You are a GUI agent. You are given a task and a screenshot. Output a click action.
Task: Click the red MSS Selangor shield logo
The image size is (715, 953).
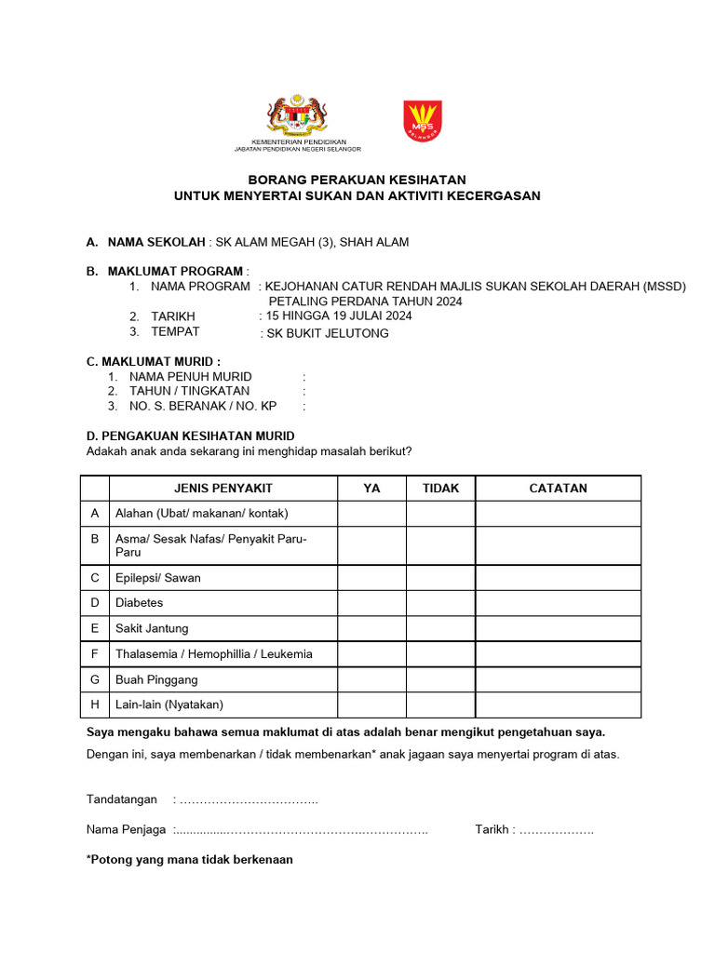tap(423, 120)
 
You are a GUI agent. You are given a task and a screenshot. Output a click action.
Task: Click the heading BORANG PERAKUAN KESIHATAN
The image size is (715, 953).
tap(357, 180)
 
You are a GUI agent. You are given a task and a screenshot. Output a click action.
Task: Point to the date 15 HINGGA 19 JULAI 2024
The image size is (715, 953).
tap(338, 315)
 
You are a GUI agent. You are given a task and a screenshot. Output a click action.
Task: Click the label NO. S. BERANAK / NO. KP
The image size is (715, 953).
tap(203, 406)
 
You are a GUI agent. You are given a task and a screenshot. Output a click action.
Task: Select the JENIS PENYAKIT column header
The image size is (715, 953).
tap(223, 488)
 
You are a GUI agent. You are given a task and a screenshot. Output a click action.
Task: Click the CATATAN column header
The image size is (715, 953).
tap(558, 488)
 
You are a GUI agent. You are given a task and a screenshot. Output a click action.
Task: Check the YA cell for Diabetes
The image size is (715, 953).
tap(371, 602)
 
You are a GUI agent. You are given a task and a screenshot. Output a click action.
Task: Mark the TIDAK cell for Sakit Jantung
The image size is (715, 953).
tap(440, 628)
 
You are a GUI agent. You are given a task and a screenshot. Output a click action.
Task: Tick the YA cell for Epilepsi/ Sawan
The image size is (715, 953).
tap(371, 577)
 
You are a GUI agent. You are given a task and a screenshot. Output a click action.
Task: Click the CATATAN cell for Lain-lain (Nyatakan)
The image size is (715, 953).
tap(558, 705)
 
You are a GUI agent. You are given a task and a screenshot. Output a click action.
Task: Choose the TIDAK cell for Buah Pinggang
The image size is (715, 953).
tap(440, 679)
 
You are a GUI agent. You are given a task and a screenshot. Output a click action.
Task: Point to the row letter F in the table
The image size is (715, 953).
tap(95, 653)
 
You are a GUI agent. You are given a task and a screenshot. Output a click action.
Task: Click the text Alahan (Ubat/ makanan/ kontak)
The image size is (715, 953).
tap(202, 513)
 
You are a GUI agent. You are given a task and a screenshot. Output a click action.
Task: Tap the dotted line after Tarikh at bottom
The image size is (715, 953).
tap(556, 829)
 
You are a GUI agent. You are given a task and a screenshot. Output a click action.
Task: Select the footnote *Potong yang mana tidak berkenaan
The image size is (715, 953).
tap(190, 859)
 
